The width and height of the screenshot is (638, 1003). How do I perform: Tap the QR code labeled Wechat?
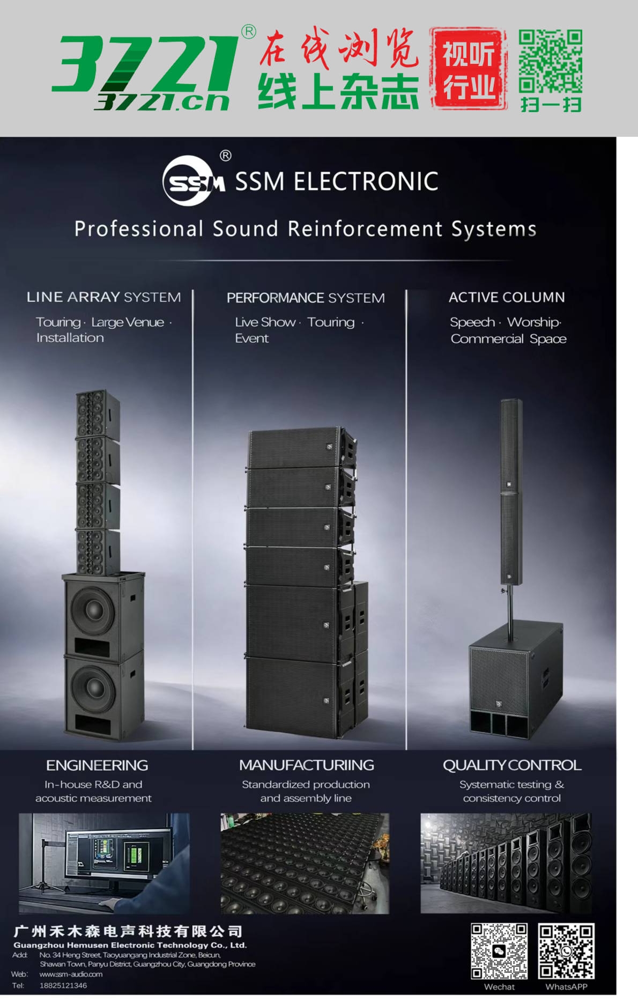[x=499, y=950]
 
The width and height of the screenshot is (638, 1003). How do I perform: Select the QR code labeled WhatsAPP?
[x=566, y=950]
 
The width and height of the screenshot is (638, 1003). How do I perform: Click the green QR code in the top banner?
[x=550, y=61]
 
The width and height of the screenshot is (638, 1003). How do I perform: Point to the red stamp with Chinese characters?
[x=468, y=69]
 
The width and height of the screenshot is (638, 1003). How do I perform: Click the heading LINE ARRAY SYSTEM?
[x=103, y=297]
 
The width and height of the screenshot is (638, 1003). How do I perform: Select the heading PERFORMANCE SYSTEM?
[x=306, y=298]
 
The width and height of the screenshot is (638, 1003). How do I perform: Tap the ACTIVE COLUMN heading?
[x=507, y=297]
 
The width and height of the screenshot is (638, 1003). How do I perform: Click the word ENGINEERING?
[x=97, y=765]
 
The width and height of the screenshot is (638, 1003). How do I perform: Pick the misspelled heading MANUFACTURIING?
[x=307, y=765]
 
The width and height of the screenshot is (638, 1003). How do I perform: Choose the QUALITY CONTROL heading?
[x=512, y=765]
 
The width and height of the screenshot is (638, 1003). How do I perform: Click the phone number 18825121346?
[x=63, y=985]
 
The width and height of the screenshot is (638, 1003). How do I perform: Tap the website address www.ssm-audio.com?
[x=71, y=974]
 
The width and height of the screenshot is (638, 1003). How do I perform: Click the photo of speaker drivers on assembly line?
[x=305, y=863]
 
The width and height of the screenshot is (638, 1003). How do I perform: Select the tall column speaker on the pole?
[x=511, y=491]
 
